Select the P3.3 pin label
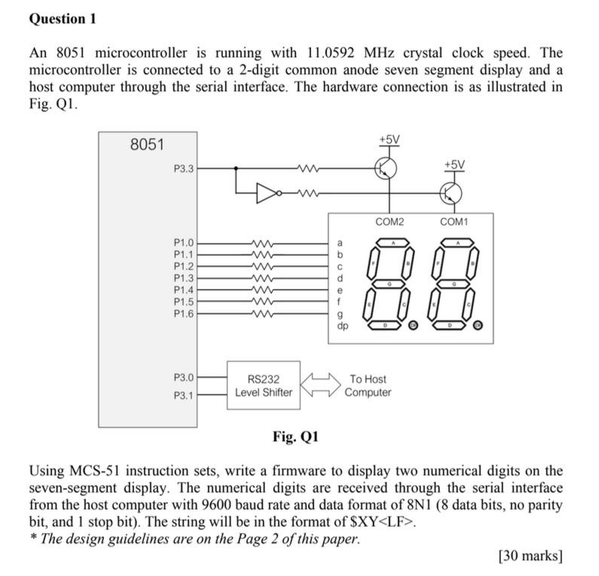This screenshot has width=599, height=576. click(184, 169)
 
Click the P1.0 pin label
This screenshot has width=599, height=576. click(184, 243)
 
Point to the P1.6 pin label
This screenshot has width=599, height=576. click(184, 312)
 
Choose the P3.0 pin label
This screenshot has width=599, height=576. click(184, 376)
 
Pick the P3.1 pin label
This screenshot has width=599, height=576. click(184, 395)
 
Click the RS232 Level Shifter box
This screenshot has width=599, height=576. click(264, 386)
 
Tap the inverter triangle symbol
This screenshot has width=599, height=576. click(267, 194)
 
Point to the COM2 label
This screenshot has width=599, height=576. click(389, 222)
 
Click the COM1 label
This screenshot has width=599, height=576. click(454, 222)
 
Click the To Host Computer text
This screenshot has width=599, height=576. click(368, 386)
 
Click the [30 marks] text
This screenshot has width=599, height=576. click(530, 556)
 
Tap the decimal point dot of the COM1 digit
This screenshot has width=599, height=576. click(477, 325)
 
